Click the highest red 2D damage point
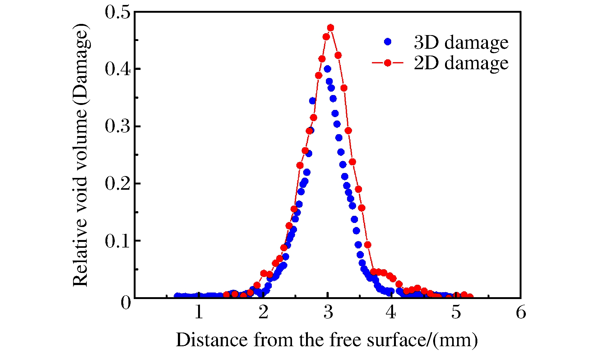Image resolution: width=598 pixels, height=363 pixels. [331, 28]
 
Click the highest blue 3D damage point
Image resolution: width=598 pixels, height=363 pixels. [327, 69]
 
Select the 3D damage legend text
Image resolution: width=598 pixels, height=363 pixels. [461, 42]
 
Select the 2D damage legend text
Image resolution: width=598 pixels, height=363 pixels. [461, 63]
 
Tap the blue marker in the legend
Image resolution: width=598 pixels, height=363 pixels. [387, 42]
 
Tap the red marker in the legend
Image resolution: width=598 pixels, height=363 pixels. [387, 63]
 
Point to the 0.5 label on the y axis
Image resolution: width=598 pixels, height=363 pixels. [117, 13]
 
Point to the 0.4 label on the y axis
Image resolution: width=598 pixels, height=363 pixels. [117, 69]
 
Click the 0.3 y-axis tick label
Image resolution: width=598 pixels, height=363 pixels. [117, 126]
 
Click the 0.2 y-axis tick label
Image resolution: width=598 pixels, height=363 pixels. [117, 184]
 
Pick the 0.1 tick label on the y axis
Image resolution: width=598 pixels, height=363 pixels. [117, 241]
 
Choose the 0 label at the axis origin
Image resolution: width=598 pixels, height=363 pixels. [126, 302]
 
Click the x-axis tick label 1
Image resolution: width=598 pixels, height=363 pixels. [199, 312]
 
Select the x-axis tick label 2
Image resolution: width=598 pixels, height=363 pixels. [263, 312]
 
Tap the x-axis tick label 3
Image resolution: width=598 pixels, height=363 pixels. [328, 312]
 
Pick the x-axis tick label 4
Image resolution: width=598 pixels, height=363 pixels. [391, 312]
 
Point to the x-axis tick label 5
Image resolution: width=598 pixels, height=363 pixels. [456, 312]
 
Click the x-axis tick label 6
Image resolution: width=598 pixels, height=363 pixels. [521, 312]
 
